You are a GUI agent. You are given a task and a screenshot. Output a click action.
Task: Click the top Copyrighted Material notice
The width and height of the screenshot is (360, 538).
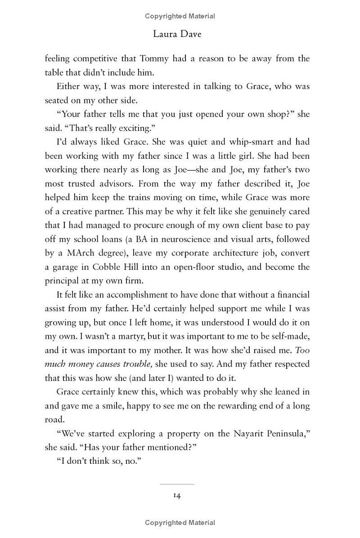tap(180, 16)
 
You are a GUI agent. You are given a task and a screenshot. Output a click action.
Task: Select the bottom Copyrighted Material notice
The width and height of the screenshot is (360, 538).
tap(180, 522)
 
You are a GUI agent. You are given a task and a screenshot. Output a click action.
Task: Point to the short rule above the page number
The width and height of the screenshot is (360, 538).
tap(177, 484)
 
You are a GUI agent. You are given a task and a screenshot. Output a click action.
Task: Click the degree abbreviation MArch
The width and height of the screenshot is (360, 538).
tap(79, 253)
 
